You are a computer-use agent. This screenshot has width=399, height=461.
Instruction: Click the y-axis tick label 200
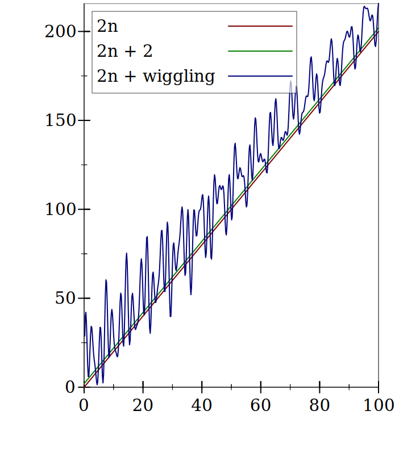pos(60,31)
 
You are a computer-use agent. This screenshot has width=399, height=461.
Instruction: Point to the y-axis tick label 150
pos(60,120)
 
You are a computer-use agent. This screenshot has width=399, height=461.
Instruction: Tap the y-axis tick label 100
pos(60,209)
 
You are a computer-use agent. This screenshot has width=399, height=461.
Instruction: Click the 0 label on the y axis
pos(70,387)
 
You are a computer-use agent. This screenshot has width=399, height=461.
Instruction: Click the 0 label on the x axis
pos(84,405)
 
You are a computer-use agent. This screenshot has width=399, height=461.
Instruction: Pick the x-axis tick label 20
pos(143,405)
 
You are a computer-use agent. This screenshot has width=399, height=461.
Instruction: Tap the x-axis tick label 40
pos(202,405)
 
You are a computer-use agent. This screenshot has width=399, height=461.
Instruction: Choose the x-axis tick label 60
pos(260,405)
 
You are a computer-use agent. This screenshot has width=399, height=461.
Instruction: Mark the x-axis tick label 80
pos(319,405)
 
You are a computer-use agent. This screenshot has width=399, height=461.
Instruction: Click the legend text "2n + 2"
pos(124,51)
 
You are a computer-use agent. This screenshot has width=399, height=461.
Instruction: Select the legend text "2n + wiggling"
pos(156,76)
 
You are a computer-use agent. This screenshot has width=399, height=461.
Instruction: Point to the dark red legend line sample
pos(260,26)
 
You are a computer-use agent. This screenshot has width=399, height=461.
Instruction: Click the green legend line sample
pos(260,51)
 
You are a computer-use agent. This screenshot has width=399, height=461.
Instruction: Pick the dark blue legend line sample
pos(260,76)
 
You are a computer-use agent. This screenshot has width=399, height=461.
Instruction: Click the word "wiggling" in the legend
pos(178,76)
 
